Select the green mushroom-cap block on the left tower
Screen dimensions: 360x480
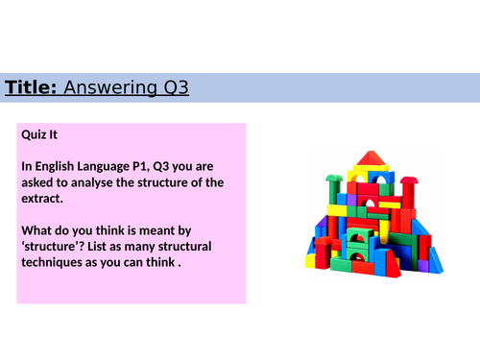333,179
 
